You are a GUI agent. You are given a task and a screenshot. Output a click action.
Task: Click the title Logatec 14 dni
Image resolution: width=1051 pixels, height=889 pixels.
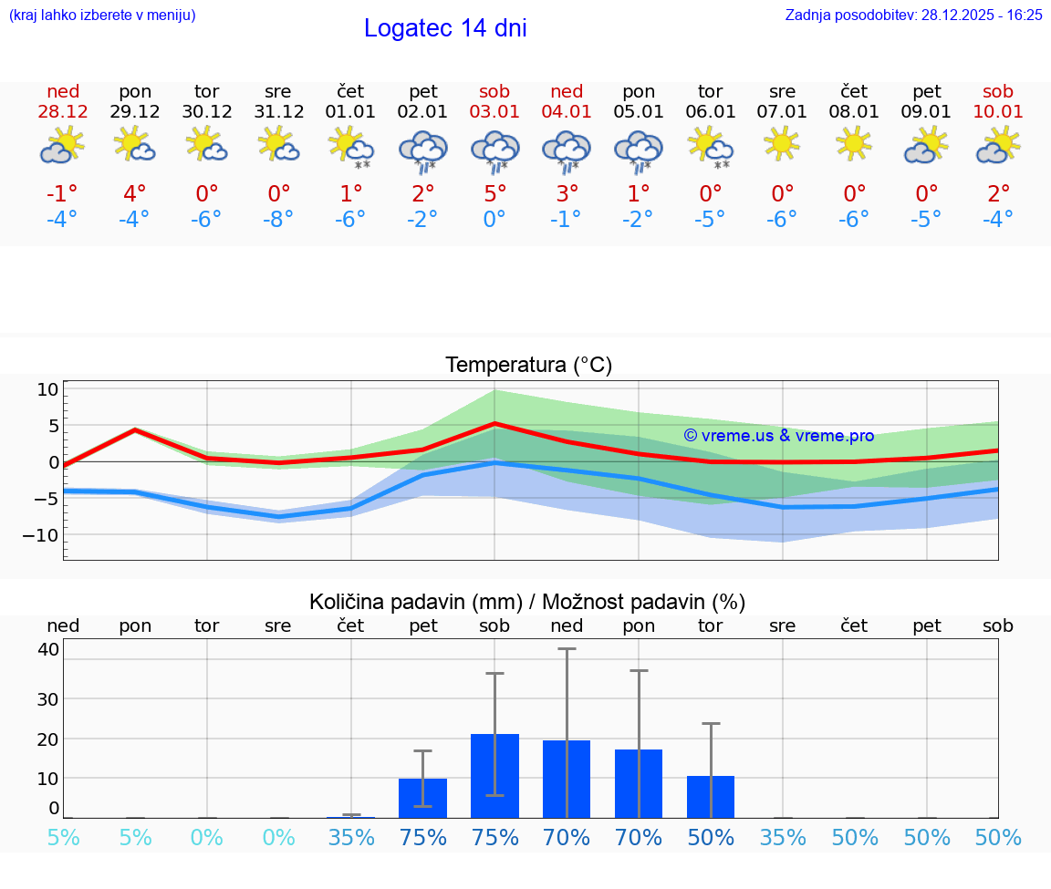(445, 28)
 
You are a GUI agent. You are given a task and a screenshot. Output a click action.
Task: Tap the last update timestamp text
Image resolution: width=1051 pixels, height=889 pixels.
(913, 15)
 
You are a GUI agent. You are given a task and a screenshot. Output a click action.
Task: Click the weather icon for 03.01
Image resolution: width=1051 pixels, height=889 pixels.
(494, 150)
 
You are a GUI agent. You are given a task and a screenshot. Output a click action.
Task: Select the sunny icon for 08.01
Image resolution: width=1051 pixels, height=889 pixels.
(854, 143)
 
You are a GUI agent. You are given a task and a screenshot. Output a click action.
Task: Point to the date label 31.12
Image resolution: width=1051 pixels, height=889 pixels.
(278, 112)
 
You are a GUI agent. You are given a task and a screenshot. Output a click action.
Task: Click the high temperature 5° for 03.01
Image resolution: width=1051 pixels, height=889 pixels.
(494, 193)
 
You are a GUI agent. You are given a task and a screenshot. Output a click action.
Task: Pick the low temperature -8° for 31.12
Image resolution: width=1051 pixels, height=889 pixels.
(278, 219)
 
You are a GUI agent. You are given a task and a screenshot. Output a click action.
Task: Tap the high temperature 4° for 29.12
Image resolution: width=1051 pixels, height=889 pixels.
(135, 193)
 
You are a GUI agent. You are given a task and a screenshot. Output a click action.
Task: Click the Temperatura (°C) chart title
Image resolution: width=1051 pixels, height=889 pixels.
(528, 365)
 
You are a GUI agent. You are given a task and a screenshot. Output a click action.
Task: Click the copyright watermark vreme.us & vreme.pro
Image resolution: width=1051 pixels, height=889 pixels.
(778, 436)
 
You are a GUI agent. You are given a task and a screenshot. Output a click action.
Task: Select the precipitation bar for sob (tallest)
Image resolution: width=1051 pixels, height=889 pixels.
(494, 776)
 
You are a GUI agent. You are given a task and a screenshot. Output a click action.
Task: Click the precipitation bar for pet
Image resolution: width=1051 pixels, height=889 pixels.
(422, 798)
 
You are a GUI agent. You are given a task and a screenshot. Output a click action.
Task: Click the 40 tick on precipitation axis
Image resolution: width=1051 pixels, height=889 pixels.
(48, 649)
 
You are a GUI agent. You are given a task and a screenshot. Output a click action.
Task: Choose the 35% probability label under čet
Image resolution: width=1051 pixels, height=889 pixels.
(351, 837)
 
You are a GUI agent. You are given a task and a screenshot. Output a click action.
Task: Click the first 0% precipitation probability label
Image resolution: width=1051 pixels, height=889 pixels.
(207, 837)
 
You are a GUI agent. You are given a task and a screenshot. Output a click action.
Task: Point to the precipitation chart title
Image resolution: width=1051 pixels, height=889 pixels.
(527, 602)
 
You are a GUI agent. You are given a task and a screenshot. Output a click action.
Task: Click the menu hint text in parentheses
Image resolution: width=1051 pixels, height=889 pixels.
(102, 15)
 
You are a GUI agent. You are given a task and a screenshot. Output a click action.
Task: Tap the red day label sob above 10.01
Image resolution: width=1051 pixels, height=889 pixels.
(998, 91)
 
